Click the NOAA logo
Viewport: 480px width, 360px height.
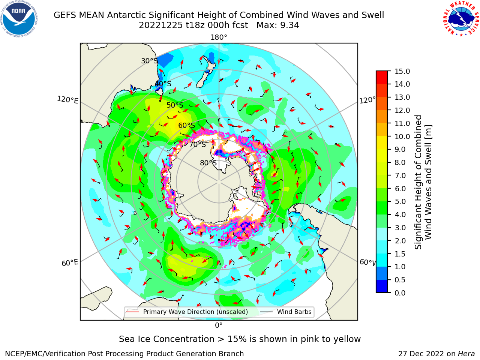pos(19,19)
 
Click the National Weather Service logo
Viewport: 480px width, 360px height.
pos(461,19)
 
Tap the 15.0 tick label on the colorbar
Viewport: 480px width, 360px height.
pos(402,71)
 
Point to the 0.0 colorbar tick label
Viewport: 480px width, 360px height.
pos(400,293)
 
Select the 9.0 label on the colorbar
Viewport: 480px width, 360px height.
pos(400,150)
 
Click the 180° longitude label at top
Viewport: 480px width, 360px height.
pos(219,37)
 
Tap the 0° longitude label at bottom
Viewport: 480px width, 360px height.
pos(219,325)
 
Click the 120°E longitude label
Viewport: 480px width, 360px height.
pos(67,100)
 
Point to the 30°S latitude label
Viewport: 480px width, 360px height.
pos(149,61)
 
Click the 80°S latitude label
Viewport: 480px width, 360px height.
pos(208,163)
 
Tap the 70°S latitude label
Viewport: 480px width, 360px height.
pos(198,145)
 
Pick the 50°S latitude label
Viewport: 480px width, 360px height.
pos(175,105)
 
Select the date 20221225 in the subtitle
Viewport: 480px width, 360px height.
pos(161,25)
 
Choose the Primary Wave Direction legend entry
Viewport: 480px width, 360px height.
pos(187,312)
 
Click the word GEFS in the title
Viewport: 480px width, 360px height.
pos(65,15)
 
